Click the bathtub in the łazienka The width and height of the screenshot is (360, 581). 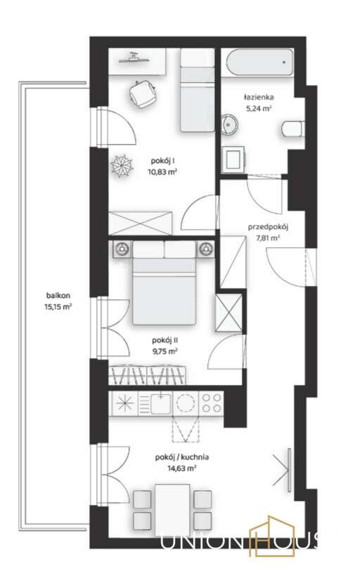(258, 64)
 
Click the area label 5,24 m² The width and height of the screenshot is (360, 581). (259, 109)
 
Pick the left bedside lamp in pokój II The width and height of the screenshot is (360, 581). (122, 248)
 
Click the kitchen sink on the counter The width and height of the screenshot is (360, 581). (161, 403)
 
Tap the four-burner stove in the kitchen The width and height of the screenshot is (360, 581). (212, 403)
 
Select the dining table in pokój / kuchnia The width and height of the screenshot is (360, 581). (173, 509)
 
